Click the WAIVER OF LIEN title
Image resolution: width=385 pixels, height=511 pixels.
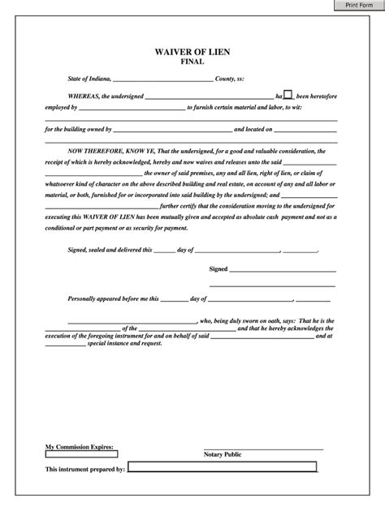tap(192, 51)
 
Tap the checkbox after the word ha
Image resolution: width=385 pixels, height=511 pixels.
tap(288, 94)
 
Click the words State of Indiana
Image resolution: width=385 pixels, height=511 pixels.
tap(84, 79)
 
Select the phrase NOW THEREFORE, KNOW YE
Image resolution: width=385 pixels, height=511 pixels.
tap(106, 152)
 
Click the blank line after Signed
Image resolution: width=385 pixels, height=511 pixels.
tap(283, 269)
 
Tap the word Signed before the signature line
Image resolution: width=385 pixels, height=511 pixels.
tap(218, 268)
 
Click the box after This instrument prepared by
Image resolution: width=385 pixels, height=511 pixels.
tap(222, 467)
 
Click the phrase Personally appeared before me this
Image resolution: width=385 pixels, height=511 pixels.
tap(114, 298)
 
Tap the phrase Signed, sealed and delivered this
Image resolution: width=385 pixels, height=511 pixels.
tap(110, 249)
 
